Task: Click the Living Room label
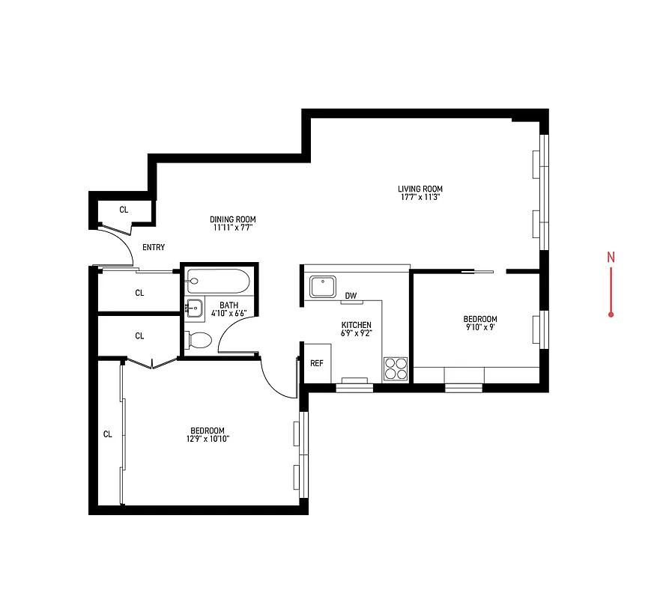point(420,189)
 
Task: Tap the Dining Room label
point(232,219)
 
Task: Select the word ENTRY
point(153,248)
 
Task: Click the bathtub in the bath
point(220,281)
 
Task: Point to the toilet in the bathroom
point(199,340)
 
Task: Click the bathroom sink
point(194,307)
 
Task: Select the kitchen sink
point(323,287)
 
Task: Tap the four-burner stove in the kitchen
point(396,368)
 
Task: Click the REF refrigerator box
point(316,363)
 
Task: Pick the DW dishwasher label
point(351,296)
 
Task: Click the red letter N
point(611,258)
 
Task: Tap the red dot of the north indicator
point(611,314)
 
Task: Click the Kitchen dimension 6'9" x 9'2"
point(357,333)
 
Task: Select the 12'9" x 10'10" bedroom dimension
point(208,439)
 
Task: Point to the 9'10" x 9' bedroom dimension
point(480,328)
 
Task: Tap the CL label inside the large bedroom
point(107,434)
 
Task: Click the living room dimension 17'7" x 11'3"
point(420,198)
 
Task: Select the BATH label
point(228,305)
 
